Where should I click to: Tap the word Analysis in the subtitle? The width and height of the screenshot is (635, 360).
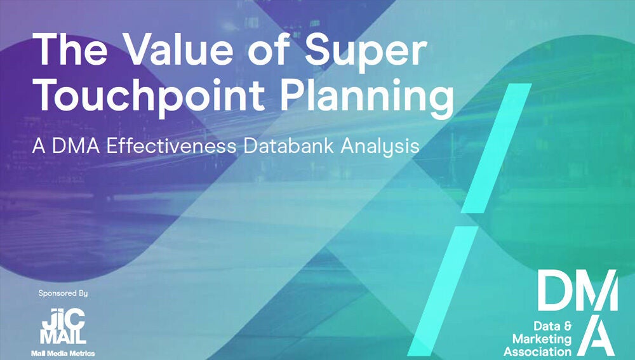tap(380, 147)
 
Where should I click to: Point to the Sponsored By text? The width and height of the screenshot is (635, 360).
tap(63, 293)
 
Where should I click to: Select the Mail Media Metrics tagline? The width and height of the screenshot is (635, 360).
tap(62, 353)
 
